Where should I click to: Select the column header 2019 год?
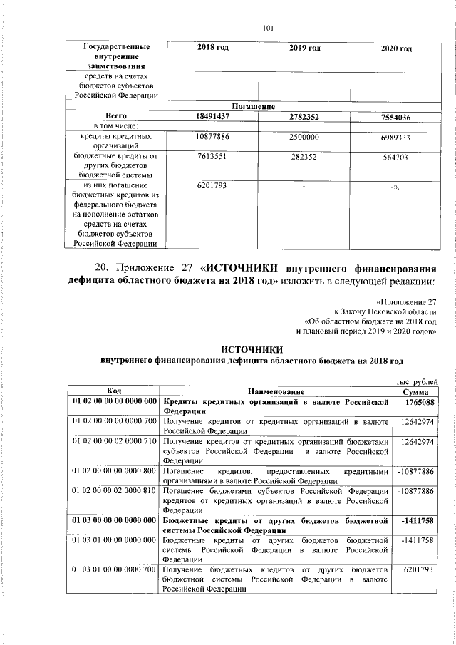(304, 48)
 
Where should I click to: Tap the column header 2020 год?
(396, 48)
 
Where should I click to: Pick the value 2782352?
(304, 116)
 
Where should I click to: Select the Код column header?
(114, 391)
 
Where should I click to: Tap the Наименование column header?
(276, 392)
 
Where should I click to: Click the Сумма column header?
(415, 392)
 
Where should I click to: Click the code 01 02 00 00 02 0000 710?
(114, 443)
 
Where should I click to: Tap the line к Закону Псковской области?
(385, 311)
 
